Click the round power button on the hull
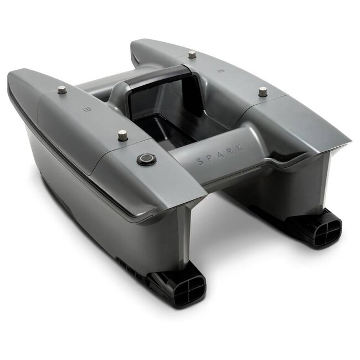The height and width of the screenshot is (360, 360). pos(146,158)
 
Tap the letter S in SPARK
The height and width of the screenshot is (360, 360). pos(200,162)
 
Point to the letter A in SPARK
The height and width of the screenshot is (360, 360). pos(221,155)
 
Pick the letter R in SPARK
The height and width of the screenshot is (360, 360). pos(231,151)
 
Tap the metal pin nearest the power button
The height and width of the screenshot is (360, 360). pos(122,136)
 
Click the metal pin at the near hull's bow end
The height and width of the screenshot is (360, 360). pos(62,90)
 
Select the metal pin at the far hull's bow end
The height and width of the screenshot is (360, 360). pos(192,55)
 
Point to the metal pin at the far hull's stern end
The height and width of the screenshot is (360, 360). pos(262,91)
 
